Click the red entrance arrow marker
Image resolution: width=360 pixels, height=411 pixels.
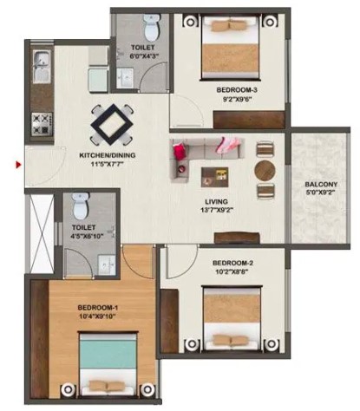(x=18, y=165)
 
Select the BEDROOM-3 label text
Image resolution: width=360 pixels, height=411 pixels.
(x=237, y=90)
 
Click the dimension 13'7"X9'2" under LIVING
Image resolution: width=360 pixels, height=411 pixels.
(x=217, y=210)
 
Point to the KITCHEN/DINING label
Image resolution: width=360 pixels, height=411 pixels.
(x=108, y=155)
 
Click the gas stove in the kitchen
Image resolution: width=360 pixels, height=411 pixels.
(x=42, y=124)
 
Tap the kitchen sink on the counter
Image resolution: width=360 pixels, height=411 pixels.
(x=42, y=67)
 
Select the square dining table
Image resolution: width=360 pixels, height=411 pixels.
(x=112, y=125)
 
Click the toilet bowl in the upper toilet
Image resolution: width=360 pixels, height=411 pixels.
(x=152, y=28)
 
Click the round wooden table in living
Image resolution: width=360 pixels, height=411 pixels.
(x=265, y=170)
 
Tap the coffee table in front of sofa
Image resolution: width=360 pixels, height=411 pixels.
(x=214, y=177)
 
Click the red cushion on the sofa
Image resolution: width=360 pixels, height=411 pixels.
(x=180, y=151)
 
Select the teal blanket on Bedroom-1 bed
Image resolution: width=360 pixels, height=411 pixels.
(x=108, y=353)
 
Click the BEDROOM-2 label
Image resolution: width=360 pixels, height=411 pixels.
(x=233, y=263)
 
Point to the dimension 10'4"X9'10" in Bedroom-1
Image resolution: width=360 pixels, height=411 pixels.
(x=97, y=316)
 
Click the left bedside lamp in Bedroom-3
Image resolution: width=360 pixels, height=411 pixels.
(x=190, y=22)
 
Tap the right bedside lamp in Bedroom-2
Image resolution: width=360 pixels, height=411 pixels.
(x=271, y=343)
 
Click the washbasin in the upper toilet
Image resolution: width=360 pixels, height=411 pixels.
(x=125, y=77)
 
